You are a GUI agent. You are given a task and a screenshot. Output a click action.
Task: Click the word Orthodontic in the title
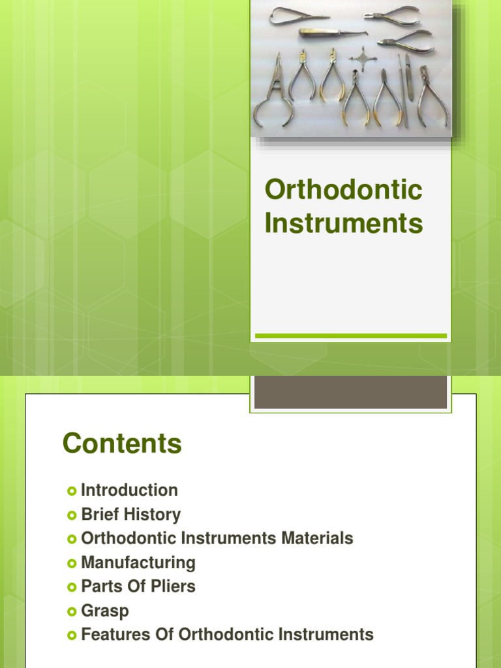(x=343, y=190)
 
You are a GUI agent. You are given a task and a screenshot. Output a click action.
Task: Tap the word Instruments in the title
(x=343, y=224)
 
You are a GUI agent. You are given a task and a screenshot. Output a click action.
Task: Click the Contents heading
(x=122, y=444)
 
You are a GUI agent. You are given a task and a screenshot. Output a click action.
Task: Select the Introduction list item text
(x=129, y=490)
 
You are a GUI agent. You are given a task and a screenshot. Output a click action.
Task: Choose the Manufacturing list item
(x=138, y=562)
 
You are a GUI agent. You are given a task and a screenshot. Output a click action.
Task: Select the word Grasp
(x=105, y=611)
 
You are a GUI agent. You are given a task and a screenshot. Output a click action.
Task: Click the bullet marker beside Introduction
(x=72, y=491)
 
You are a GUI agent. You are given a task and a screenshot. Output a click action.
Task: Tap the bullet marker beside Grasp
(x=72, y=611)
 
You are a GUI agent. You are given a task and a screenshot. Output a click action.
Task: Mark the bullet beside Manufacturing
(x=72, y=563)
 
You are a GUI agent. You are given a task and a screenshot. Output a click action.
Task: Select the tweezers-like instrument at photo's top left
(x=297, y=14)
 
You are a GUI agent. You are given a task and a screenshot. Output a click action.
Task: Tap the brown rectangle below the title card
(x=350, y=391)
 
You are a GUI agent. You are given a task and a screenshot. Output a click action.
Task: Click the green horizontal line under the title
(x=350, y=336)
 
